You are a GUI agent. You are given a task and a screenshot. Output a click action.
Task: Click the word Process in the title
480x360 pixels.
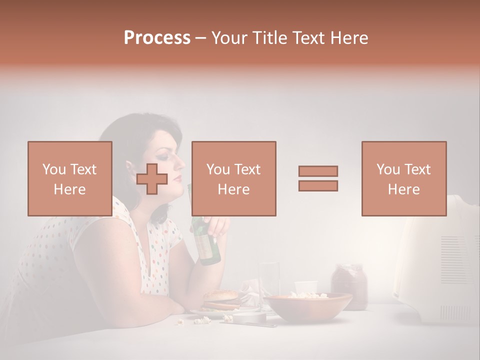pos(157,38)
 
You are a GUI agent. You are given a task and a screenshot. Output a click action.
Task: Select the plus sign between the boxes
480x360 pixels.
pos(152,179)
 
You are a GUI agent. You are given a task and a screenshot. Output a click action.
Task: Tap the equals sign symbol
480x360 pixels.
pos(318,178)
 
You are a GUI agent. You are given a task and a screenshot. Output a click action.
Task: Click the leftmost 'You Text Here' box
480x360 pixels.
pos(69,178)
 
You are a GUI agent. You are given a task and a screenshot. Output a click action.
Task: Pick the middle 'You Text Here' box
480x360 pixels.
pos(233,178)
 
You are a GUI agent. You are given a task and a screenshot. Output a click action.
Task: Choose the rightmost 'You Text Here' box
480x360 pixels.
pos(403,178)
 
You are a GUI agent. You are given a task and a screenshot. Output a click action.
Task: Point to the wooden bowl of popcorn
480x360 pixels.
pos(308,306)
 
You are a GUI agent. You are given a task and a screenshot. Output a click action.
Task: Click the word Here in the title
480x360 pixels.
pos(349,38)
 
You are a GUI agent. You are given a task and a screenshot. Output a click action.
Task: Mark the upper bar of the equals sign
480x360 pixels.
pos(318,171)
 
